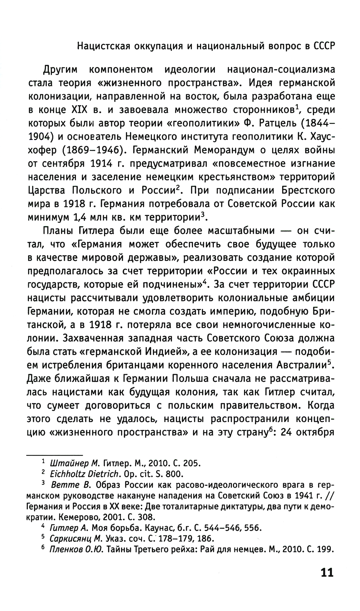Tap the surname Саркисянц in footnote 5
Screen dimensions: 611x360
tap(71, 539)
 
